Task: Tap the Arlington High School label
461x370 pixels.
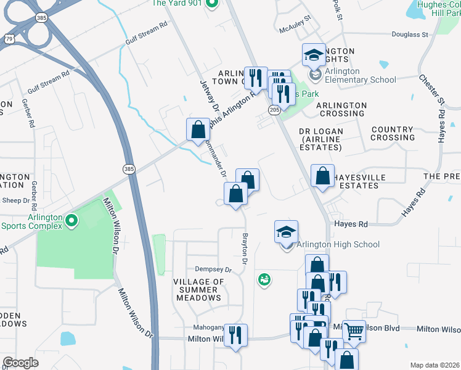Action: tap(338, 245)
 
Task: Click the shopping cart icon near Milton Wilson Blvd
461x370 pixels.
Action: tap(354, 331)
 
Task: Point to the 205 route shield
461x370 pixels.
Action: tap(274, 109)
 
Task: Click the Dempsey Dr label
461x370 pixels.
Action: tap(213, 269)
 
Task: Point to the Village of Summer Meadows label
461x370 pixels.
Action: tap(199, 290)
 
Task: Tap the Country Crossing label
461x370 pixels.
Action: tap(393, 133)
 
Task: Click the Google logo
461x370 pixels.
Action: tap(20, 362)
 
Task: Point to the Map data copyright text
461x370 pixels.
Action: tap(434, 365)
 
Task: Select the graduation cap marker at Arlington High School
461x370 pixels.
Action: tap(286, 232)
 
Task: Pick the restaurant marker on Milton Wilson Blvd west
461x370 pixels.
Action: tap(235, 335)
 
